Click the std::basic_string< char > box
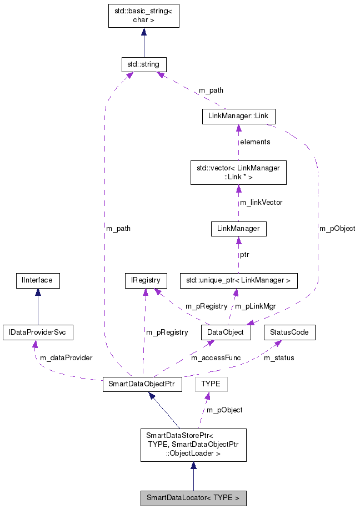(x=144, y=15)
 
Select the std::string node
(x=144, y=64)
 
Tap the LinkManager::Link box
(x=238, y=116)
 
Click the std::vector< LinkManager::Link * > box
(x=238, y=172)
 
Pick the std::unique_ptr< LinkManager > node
(x=238, y=281)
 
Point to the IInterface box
(x=37, y=280)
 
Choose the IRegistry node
(x=146, y=281)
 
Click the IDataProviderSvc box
(x=38, y=332)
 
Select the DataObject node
(x=226, y=332)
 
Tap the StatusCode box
(x=289, y=332)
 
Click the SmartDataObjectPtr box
(x=142, y=385)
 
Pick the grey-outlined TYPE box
(x=211, y=384)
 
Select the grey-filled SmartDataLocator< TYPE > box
(x=193, y=498)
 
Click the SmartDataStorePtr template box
(x=193, y=445)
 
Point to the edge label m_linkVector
(x=261, y=203)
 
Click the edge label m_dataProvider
(x=66, y=357)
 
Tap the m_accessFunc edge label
(x=216, y=358)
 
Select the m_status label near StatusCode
(x=279, y=358)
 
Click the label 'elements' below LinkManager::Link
(x=255, y=142)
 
